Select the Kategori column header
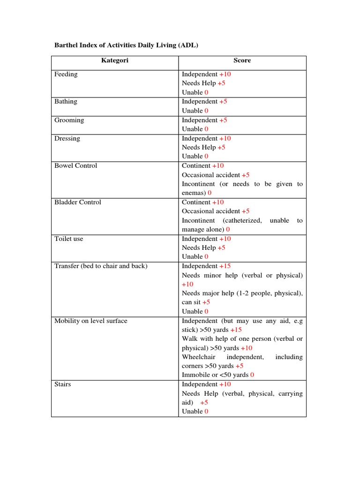click(x=115, y=60)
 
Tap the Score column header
click(x=242, y=60)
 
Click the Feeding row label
click(x=66, y=74)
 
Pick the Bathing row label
click(x=66, y=102)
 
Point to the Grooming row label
click(x=69, y=120)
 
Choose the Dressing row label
click(x=67, y=138)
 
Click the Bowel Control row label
click(x=76, y=166)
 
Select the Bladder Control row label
click(x=78, y=202)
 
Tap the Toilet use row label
click(x=69, y=239)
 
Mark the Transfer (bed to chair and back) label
click(x=101, y=266)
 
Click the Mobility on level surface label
click(x=91, y=321)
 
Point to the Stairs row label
click(x=63, y=384)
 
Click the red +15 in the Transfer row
click(x=225, y=266)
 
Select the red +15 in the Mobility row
click(x=236, y=330)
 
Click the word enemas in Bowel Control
click(x=194, y=193)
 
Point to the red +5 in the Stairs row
click(x=204, y=403)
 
